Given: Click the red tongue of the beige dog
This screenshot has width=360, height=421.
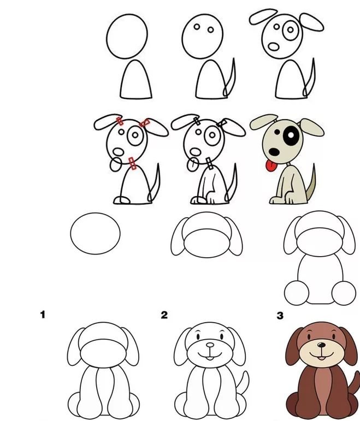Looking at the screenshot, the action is (272, 166).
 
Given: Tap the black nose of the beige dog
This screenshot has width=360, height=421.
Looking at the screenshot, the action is (274, 152).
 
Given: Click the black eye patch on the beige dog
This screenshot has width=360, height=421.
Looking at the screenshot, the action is (290, 135).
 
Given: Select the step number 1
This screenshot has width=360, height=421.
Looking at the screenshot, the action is (43, 315).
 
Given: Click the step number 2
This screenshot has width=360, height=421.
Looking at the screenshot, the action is (164, 315).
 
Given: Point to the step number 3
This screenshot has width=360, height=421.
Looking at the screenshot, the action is (280, 316).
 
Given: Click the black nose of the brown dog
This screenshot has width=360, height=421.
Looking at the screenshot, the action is (321, 345).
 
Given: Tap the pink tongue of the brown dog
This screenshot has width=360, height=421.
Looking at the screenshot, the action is (321, 358).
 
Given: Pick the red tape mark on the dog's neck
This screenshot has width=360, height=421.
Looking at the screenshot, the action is (132, 163).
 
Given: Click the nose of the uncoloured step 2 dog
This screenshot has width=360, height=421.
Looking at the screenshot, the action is (210, 345).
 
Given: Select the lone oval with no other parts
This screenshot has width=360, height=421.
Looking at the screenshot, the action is (96, 233).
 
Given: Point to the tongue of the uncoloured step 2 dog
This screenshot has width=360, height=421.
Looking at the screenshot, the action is (210, 358).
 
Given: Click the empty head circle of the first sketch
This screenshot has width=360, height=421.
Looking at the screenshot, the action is (127, 36).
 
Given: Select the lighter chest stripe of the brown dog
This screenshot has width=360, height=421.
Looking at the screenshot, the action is (321, 390).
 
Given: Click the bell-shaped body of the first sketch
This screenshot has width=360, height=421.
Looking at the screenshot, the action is (135, 80).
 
